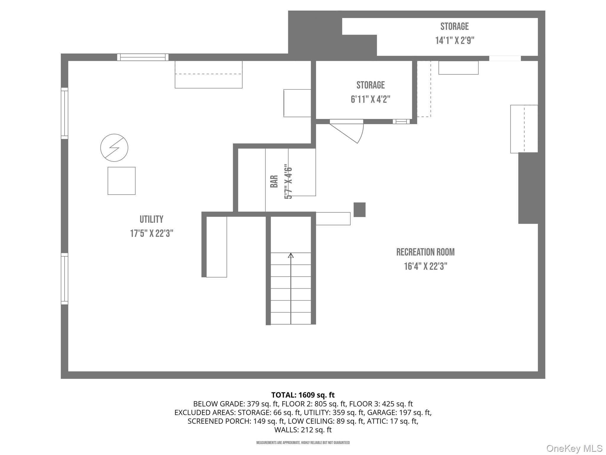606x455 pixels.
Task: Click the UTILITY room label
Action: coord(151,220)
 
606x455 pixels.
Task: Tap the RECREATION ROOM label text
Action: coord(425,252)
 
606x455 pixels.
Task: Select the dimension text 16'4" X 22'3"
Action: coord(426,267)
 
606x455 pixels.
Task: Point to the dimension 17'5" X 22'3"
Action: coord(151,234)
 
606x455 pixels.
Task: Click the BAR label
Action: coord(274,181)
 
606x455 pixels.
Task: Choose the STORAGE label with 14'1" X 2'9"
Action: coord(454,27)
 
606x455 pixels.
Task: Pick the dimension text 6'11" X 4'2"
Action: coord(370,100)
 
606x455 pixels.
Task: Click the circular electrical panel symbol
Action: coord(114,148)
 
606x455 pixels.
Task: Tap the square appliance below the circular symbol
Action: coord(121,181)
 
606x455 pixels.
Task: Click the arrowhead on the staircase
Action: coord(291,255)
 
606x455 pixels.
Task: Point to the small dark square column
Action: coord(360,210)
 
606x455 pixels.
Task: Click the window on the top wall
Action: coord(143,57)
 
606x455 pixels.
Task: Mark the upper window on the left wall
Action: coord(65,113)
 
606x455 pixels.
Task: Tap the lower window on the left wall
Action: coord(65,278)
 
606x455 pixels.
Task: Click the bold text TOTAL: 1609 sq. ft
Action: coord(303,395)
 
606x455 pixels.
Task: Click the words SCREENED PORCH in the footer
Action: coord(219,421)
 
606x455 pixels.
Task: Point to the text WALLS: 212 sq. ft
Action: coord(303,430)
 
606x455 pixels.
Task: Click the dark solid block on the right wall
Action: coord(528,188)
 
